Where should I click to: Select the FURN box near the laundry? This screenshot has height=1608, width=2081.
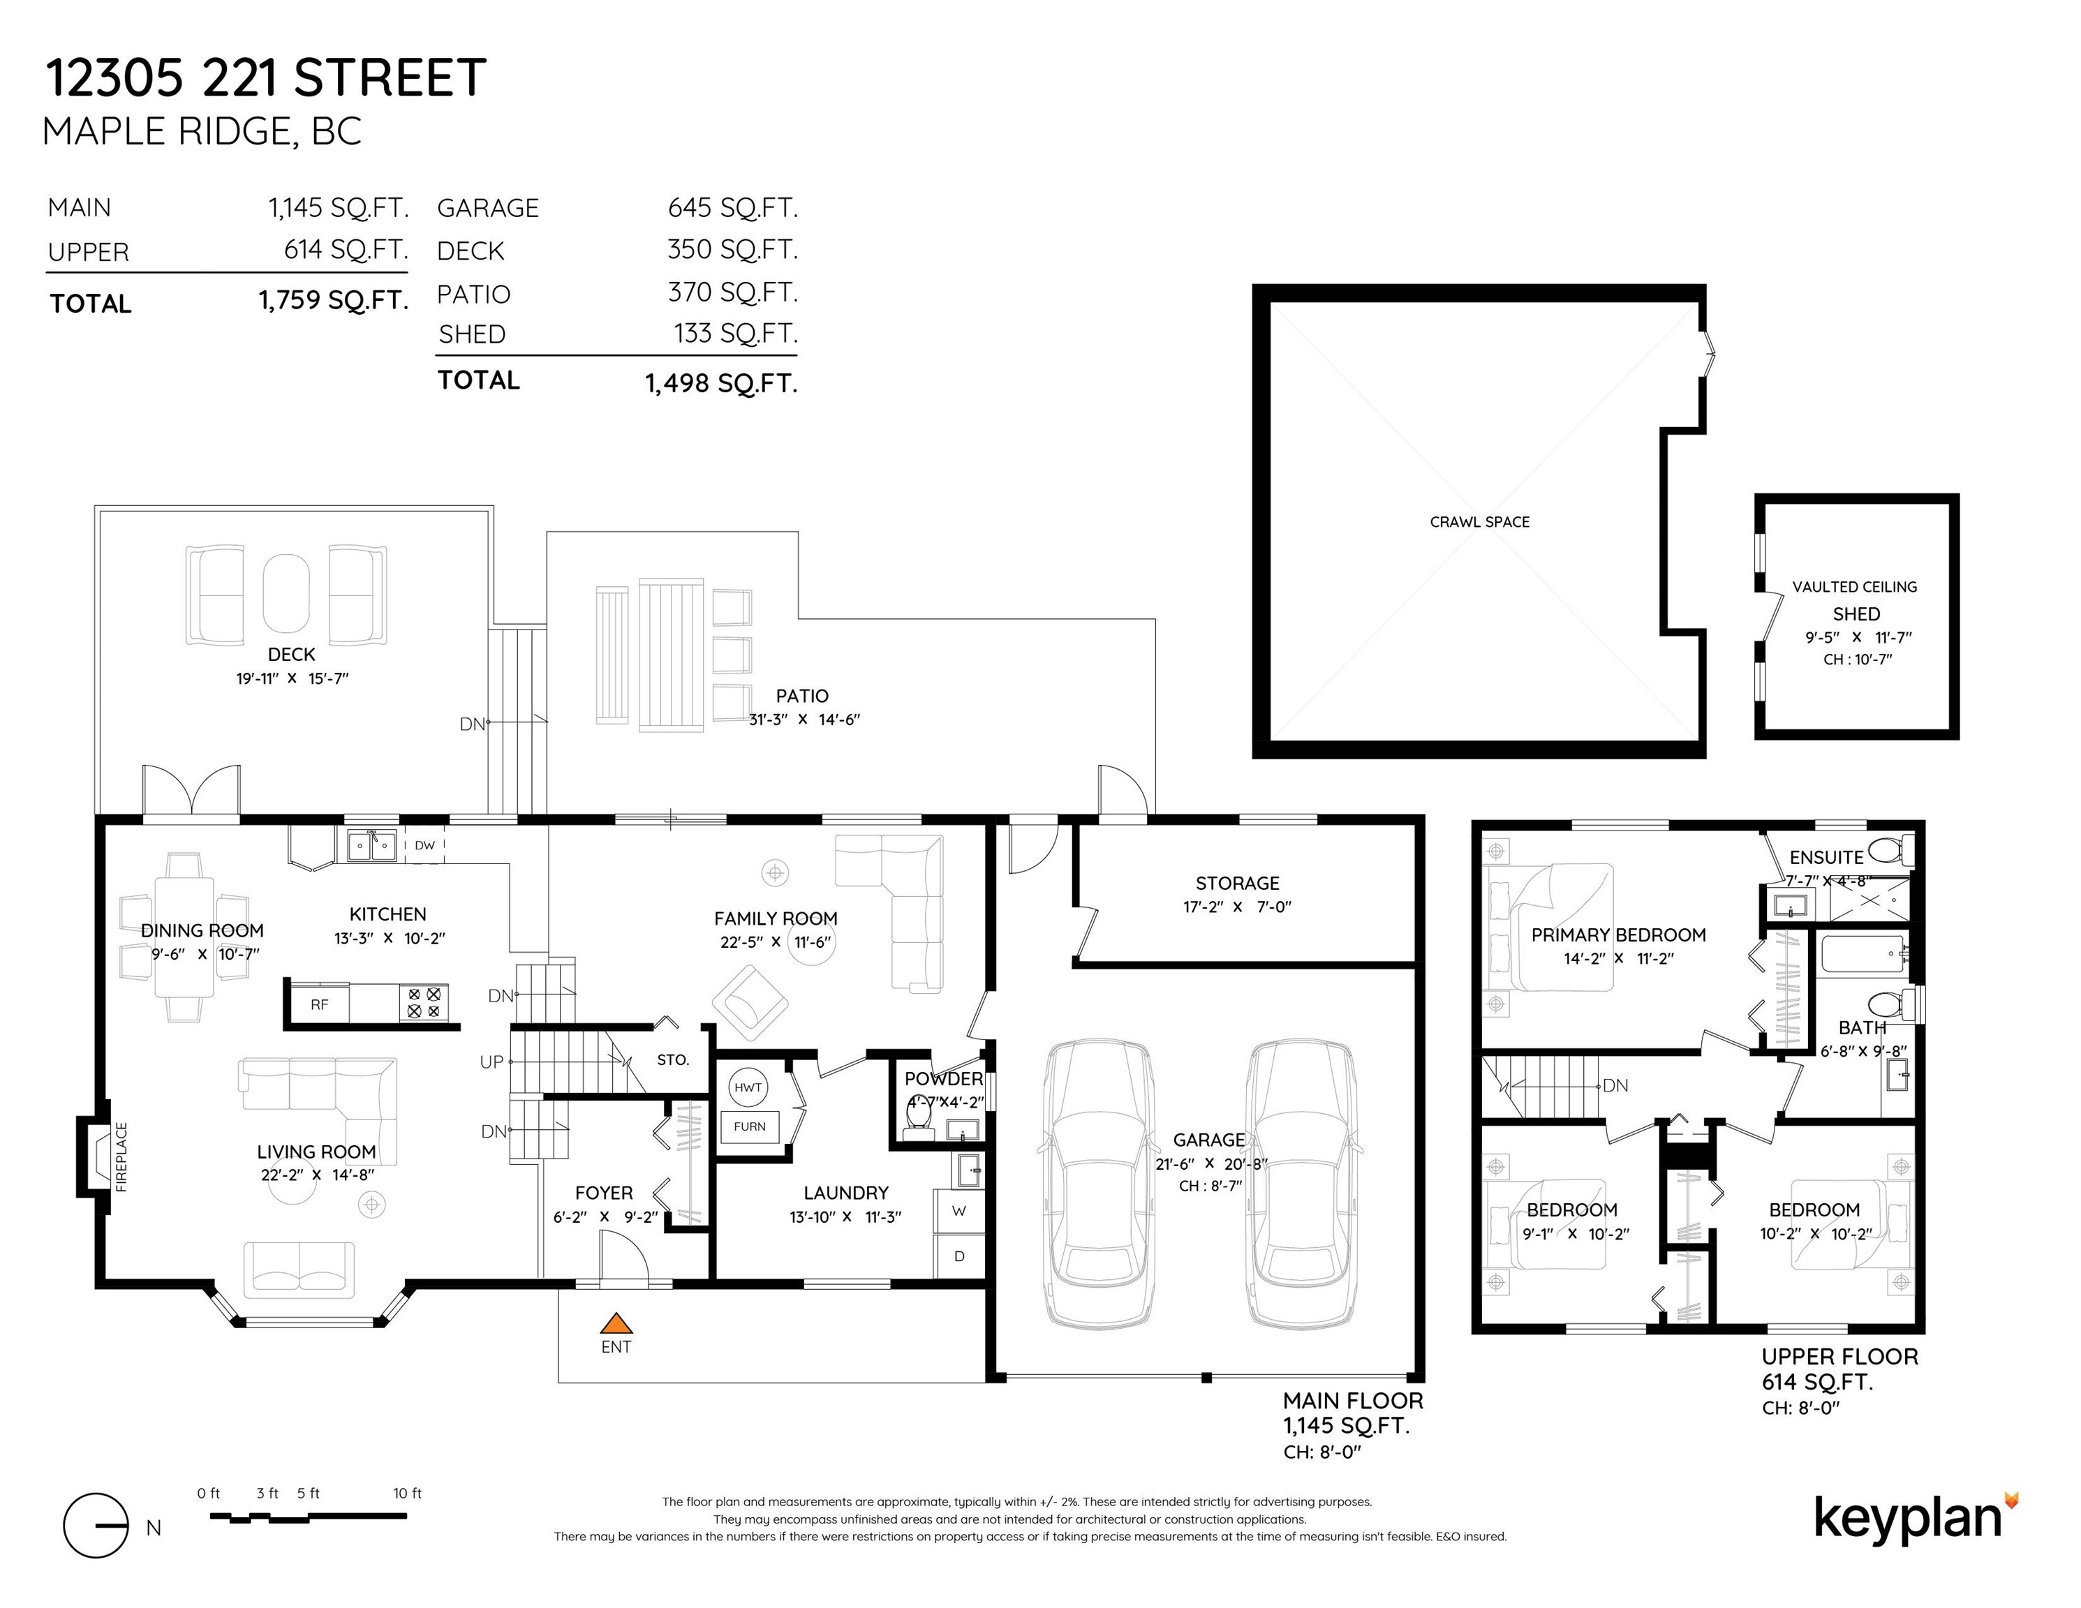(750, 1127)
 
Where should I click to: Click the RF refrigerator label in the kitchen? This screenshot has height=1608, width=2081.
(319, 1004)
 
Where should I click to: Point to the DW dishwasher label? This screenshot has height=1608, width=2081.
(425, 845)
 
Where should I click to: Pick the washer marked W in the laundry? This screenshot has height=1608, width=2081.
(958, 1211)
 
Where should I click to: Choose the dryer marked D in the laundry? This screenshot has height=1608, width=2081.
(958, 1256)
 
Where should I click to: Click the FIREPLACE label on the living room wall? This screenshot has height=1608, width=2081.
(121, 1157)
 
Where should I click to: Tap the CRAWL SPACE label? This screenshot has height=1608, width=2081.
(1480, 522)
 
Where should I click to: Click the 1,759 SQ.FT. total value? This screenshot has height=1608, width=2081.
(334, 301)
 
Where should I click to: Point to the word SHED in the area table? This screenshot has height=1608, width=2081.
(472, 334)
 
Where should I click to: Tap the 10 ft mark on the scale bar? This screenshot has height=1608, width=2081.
(407, 1493)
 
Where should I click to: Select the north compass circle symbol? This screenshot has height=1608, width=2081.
(95, 1525)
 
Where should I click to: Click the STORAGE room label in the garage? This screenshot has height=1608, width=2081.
(1237, 883)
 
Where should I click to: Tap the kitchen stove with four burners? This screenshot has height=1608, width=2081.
(424, 1003)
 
